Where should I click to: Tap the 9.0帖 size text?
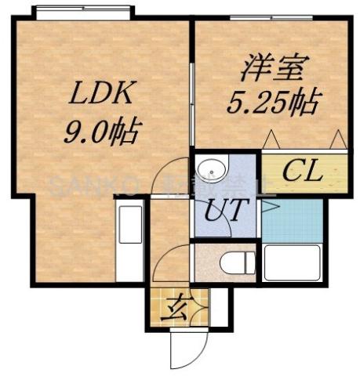[x=101, y=129]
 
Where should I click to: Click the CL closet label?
[x=303, y=171]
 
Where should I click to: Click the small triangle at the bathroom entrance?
[x=267, y=207]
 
